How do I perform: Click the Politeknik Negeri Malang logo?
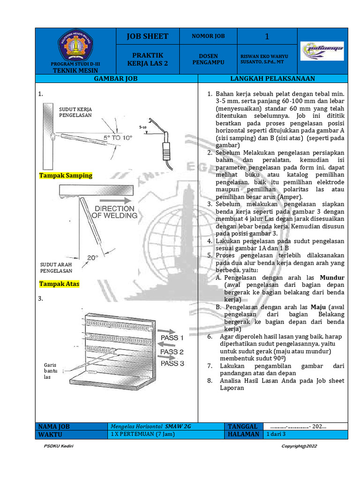coord(75,45)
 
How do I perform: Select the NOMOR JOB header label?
coord(208,36)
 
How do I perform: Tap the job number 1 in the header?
coord(267,37)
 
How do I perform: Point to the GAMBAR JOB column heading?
coord(116,79)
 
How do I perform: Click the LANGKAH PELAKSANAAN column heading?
coord(273,79)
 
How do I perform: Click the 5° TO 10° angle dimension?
coord(118,138)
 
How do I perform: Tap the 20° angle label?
coord(93,257)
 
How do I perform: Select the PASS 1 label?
coord(172,337)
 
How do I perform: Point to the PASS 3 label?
coord(172,363)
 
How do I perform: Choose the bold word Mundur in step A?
coord(332,277)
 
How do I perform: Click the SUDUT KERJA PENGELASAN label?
coord(75,112)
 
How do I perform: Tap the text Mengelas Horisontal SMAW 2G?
coord(150,427)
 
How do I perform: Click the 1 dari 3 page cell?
coord(276,435)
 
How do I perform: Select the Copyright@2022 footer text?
coord(299,446)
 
